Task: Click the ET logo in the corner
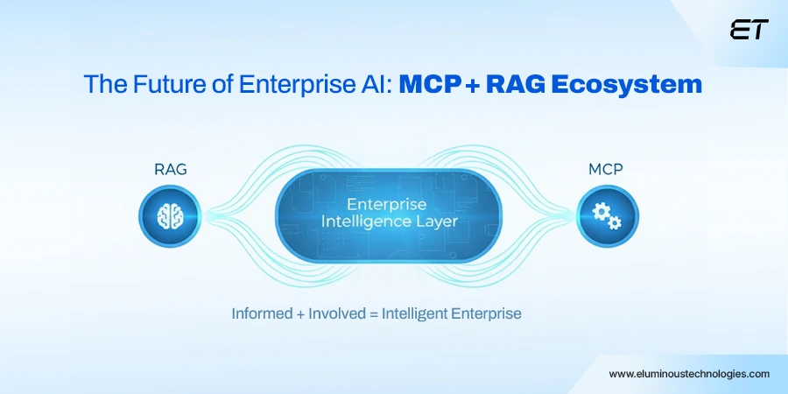(749, 31)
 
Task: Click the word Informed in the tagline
(262, 313)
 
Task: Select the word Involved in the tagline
(337, 313)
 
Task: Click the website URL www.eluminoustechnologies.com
(689, 373)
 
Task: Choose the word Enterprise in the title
(280, 85)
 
